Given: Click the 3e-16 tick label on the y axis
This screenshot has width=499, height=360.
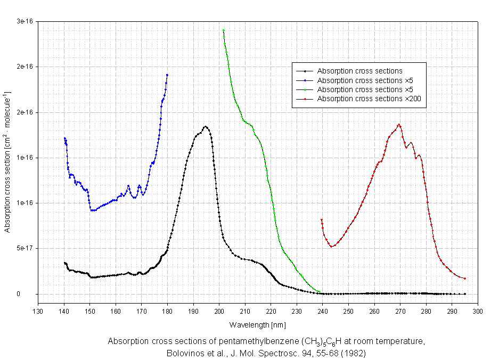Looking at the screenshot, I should point(25,21).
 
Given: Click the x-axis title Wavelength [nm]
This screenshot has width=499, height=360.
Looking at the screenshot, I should point(258,324).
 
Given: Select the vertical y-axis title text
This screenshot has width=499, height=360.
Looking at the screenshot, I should point(8,162).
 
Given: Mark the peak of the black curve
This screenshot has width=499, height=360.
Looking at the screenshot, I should point(206,126).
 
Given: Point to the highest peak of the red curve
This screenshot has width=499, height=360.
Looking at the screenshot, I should point(399,125).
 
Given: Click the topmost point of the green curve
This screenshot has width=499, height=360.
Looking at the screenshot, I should point(224,30).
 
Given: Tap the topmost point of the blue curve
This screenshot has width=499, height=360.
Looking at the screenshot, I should point(167,75).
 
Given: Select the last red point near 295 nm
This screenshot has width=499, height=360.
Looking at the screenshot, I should point(465,279).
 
